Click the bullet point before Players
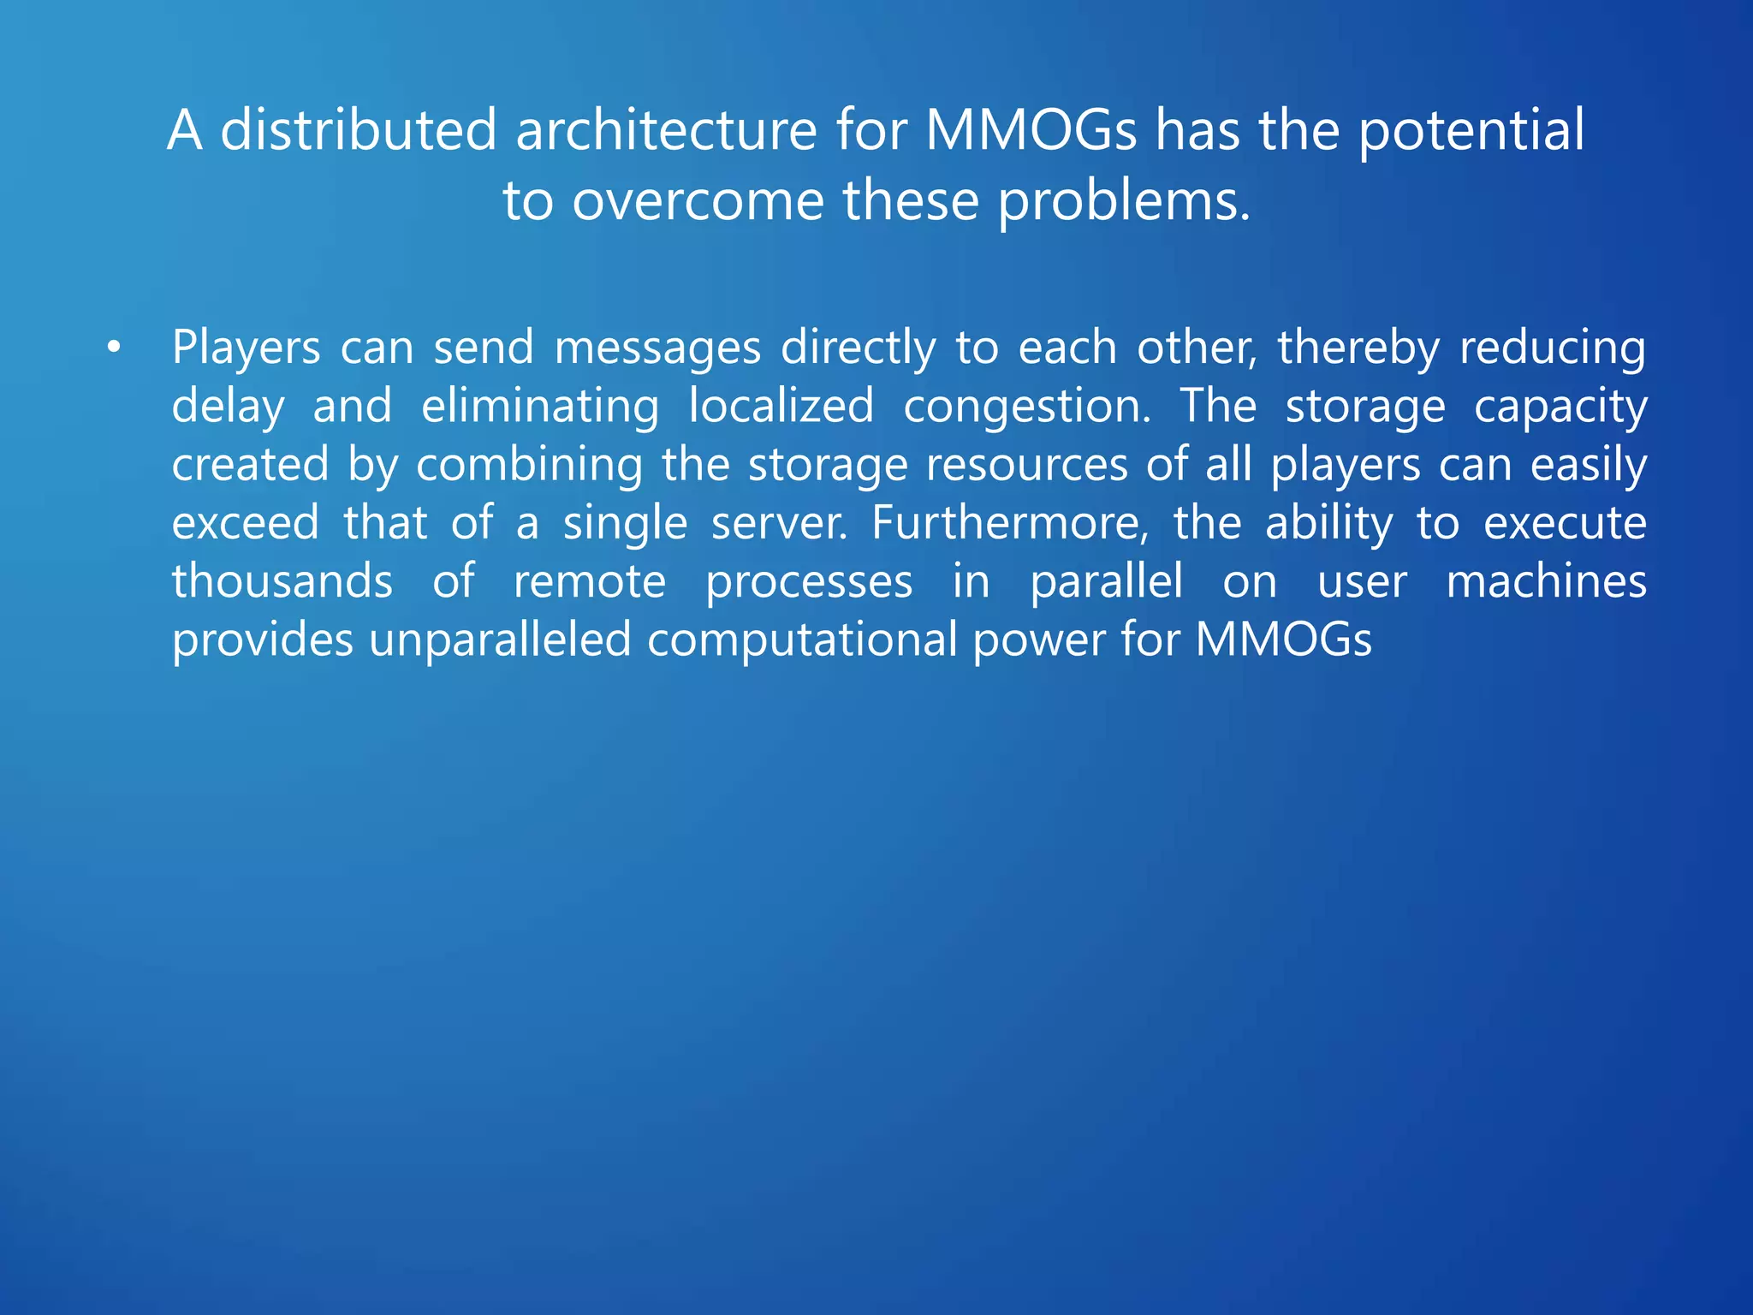(x=114, y=348)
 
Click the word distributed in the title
(x=358, y=131)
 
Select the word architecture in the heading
(x=666, y=131)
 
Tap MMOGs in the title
(x=1031, y=131)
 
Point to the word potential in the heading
(x=1471, y=133)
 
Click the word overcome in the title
(x=698, y=202)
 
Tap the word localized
(x=781, y=406)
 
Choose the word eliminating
(x=540, y=407)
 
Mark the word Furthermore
(x=1010, y=523)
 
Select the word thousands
(x=282, y=581)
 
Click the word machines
(x=1546, y=581)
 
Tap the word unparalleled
(x=500, y=640)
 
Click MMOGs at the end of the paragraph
(x=1283, y=640)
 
